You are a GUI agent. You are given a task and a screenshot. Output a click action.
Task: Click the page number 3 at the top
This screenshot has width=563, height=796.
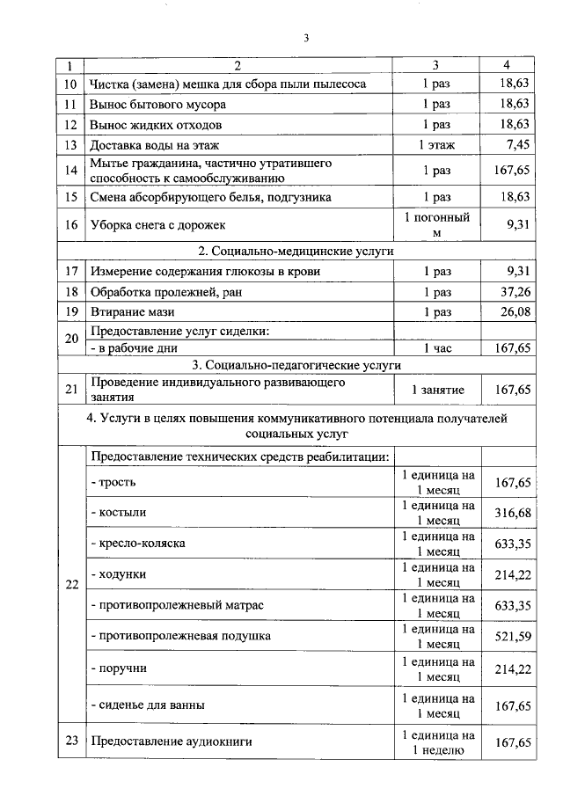(x=305, y=38)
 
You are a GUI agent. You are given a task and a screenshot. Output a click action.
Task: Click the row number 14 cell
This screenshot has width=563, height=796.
(x=71, y=171)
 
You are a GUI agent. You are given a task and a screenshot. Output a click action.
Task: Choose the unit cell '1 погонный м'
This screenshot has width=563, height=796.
(x=436, y=225)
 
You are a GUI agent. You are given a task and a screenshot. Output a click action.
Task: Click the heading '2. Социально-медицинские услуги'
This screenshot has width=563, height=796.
(x=296, y=251)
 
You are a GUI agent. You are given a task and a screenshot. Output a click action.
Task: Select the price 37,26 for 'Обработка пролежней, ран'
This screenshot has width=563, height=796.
(x=514, y=292)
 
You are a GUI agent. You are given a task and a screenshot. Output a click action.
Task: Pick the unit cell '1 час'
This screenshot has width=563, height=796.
(x=436, y=348)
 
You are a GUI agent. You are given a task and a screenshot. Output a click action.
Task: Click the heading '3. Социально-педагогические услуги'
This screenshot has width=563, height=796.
(x=296, y=364)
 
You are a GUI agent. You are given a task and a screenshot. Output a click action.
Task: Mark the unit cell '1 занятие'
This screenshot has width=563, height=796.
(x=436, y=389)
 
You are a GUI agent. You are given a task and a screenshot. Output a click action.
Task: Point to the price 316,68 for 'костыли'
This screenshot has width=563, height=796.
(x=513, y=512)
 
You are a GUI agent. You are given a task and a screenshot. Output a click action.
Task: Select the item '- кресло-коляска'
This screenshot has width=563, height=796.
(x=138, y=544)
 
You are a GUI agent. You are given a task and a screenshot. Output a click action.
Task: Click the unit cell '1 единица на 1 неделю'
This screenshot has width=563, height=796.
(x=436, y=742)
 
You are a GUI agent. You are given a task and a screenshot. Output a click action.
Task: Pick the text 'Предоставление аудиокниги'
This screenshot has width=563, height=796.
(x=171, y=741)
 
